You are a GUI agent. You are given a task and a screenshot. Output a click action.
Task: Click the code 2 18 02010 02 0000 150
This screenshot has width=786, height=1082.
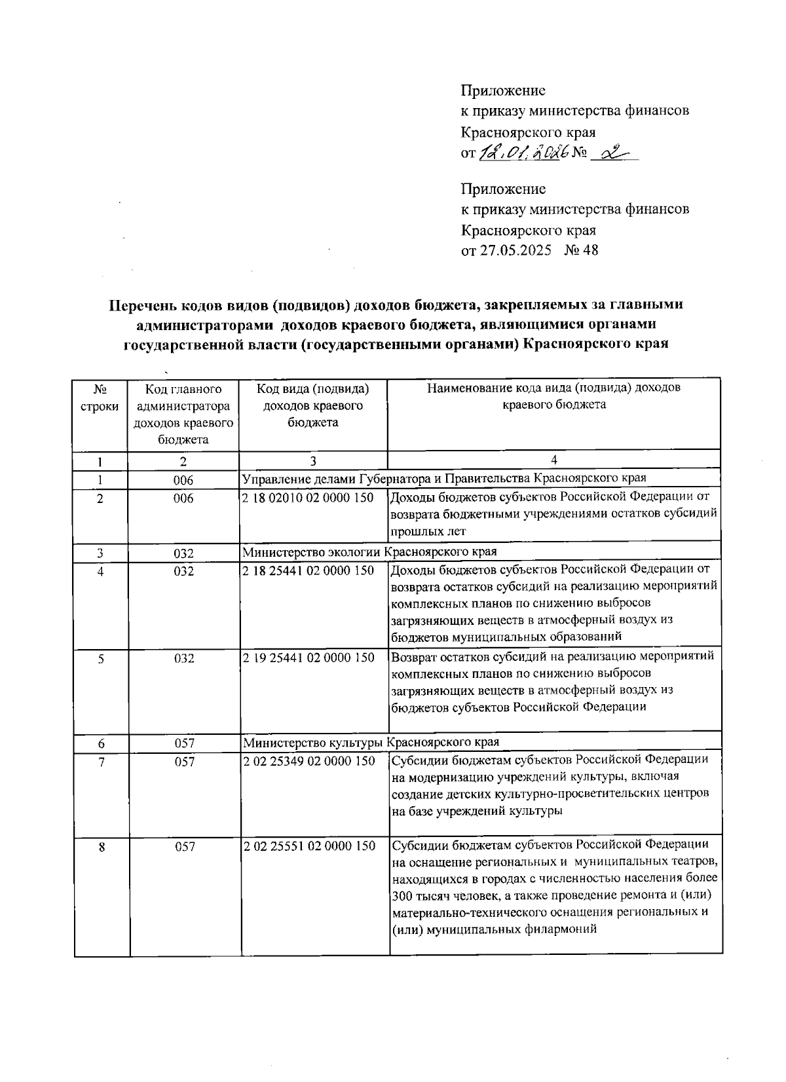308,498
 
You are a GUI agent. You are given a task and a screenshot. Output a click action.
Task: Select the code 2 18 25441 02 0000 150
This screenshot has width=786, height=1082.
308,570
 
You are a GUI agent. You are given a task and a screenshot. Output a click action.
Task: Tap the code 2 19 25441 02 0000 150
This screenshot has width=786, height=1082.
309,658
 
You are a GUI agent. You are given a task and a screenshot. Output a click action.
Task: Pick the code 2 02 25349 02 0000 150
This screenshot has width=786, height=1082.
309,761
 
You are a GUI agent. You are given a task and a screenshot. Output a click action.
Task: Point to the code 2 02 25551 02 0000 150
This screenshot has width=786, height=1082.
309,846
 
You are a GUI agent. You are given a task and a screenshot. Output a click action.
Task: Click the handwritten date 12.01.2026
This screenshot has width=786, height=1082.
521,153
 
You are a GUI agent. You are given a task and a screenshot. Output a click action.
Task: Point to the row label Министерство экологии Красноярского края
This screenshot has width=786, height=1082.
369,551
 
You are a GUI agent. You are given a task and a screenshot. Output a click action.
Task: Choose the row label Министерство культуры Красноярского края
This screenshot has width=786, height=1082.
371,742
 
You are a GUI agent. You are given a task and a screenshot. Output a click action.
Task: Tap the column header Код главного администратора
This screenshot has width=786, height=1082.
183,414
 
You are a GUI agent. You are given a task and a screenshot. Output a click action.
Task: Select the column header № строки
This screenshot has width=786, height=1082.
100,397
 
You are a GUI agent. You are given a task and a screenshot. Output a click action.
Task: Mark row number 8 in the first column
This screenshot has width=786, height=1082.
102,847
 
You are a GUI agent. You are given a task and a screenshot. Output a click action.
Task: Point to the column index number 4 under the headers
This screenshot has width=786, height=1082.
554,460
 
